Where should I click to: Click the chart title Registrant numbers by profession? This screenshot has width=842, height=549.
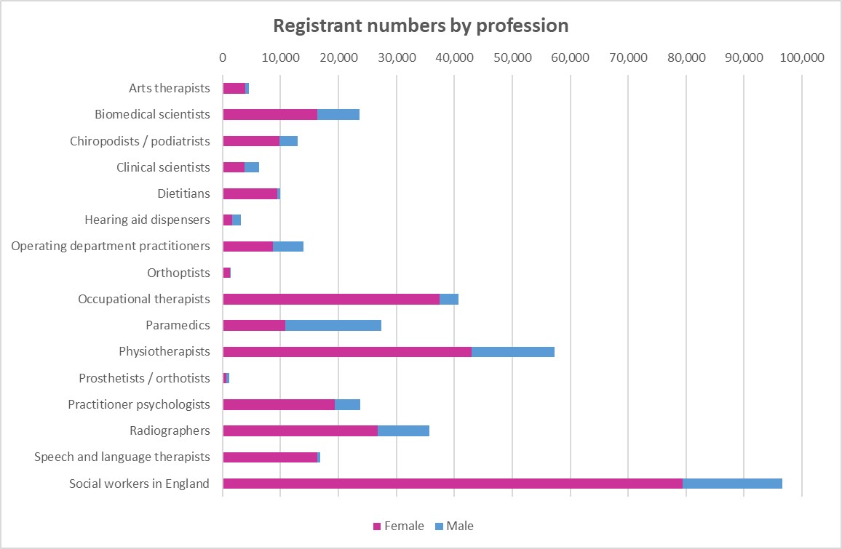[x=421, y=25]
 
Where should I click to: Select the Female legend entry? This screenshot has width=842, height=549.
[x=398, y=526]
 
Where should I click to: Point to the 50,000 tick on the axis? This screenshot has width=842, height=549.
[x=512, y=57]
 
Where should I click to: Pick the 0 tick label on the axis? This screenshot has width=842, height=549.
[x=223, y=57]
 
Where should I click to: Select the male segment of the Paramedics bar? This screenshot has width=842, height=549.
[x=333, y=325]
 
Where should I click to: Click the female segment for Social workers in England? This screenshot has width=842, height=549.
[x=453, y=484]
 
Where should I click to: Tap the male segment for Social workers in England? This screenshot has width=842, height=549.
[x=732, y=484]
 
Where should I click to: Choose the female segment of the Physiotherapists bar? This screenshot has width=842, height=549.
[x=347, y=352]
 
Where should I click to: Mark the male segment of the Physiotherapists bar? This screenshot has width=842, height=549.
[x=513, y=352]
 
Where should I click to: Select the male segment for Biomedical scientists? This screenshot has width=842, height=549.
[x=338, y=114]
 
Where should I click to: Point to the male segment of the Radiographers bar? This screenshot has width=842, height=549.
[x=403, y=430]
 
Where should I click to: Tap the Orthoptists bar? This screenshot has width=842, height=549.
[x=227, y=273]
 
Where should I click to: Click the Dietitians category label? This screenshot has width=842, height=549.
[x=183, y=193]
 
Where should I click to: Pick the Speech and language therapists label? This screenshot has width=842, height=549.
[x=122, y=457]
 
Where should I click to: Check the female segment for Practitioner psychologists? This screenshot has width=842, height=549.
[x=279, y=404]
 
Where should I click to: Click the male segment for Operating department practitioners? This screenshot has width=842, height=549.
[x=288, y=246]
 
